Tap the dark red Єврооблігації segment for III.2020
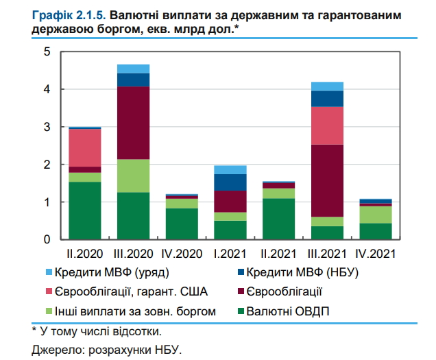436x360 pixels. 133,123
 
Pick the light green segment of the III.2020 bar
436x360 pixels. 133,176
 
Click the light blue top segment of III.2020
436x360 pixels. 133,69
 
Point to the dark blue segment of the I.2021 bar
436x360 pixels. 230,182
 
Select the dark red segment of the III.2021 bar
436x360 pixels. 327,180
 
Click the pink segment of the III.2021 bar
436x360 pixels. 327,125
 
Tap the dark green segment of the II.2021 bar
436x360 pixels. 278,219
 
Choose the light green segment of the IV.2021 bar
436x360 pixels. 376,215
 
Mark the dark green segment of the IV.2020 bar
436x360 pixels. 182,224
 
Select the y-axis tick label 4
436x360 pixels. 46,89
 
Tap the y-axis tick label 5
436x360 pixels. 46,52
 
